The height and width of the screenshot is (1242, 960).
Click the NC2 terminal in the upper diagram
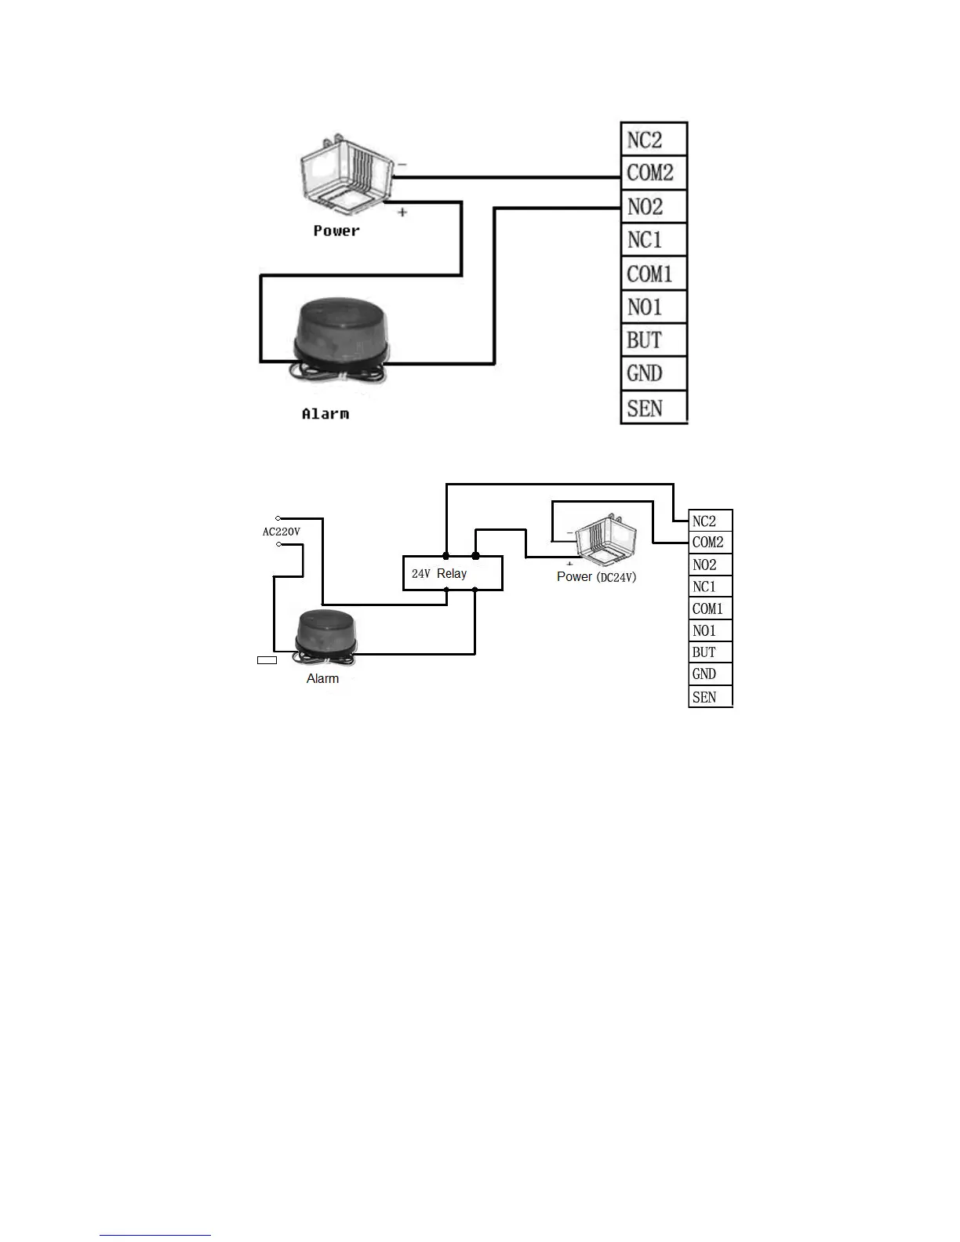click(x=653, y=140)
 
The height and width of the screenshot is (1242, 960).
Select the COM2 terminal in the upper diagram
click(x=653, y=172)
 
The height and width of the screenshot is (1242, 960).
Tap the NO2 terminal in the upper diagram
click(x=653, y=207)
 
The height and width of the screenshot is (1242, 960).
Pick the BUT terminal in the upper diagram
click(x=653, y=340)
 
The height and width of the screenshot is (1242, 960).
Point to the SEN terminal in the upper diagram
click(x=653, y=408)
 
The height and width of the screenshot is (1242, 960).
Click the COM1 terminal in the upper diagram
click(x=653, y=274)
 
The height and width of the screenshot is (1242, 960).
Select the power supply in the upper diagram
click(x=345, y=173)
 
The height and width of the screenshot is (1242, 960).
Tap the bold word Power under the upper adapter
click(x=336, y=231)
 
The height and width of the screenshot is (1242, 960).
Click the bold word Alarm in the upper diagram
click(x=325, y=413)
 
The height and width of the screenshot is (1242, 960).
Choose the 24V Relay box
click(x=453, y=573)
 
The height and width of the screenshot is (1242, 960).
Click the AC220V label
click(x=281, y=532)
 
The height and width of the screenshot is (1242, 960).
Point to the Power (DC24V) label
click(x=596, y=577)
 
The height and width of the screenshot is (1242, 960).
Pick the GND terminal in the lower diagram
click(x=710, y=674)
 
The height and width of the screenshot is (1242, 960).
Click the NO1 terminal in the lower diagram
click(x=710, y=630)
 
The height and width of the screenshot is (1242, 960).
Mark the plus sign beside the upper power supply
click(x=402, y=212)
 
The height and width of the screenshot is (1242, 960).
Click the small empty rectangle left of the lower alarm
click(x=267, y=660)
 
